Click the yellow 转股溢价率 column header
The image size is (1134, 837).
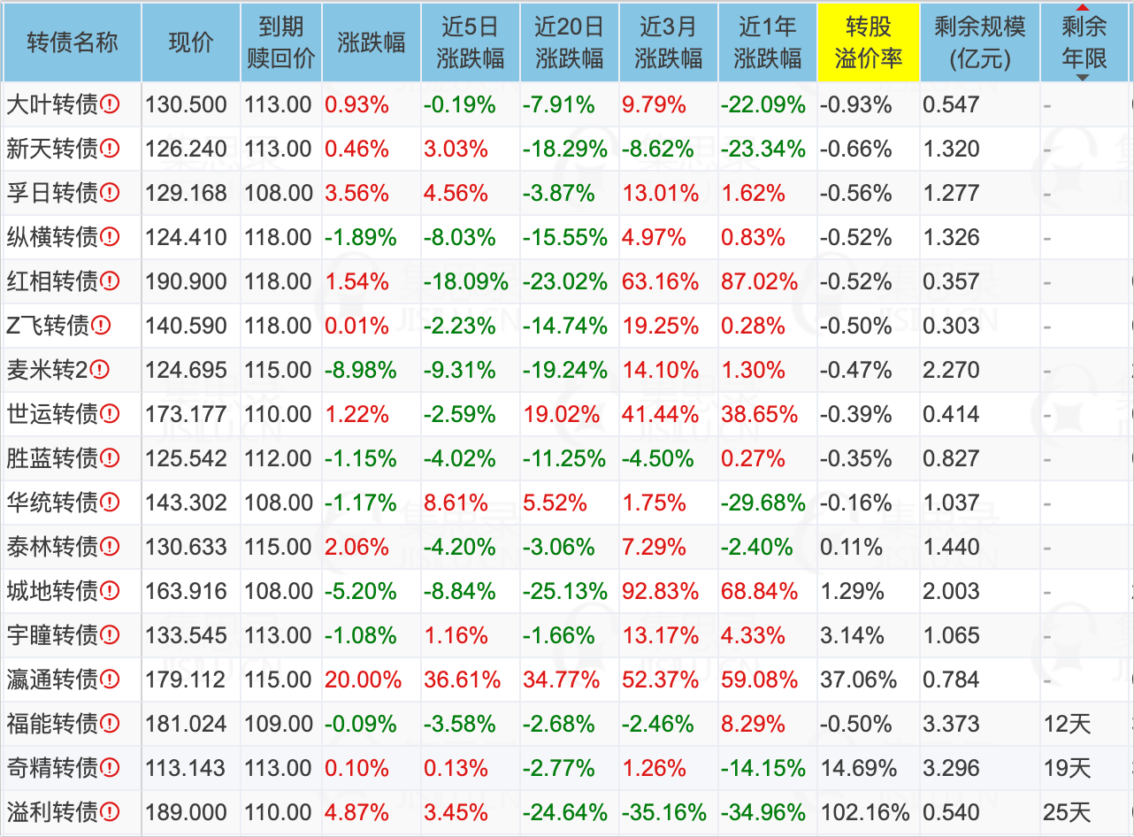tap(868, 42)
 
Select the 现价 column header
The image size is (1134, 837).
tap(191, 42)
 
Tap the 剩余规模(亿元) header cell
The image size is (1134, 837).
tap(979, 42)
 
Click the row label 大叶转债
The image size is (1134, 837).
tap(52, 104)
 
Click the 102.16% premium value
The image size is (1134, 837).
tap(866, 812)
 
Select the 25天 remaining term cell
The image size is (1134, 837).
tap(1068, 812)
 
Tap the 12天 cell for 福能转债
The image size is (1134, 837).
tap(1068, 724)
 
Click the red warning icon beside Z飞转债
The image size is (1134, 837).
tap(101, 326)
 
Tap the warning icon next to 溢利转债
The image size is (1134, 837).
tap(110, 812)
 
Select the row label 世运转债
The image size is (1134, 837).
tap(52, 414)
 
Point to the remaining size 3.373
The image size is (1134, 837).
tap(951, 724)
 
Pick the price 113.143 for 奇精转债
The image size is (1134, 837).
tap(186, 768)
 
